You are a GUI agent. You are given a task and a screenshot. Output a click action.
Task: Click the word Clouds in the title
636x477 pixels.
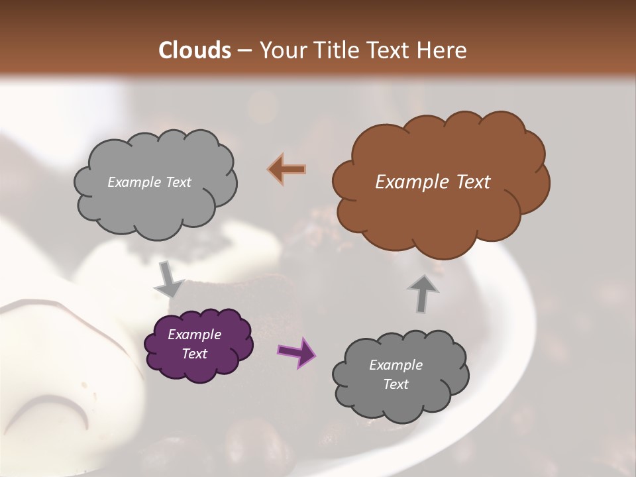coord(195,50)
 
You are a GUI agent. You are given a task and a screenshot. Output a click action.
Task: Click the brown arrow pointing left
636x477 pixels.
coord(287,169)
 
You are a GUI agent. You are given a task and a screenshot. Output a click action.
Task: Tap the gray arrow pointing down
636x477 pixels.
coord(168,280)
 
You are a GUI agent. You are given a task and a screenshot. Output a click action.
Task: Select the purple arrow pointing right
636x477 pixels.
coord(296,351)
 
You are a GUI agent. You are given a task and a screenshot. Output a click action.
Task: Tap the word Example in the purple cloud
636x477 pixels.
coord(195,335)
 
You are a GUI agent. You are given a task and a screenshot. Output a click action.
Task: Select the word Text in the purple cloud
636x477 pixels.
coord(195,354)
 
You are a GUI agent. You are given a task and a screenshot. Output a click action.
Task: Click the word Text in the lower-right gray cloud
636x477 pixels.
coord(396,384)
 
